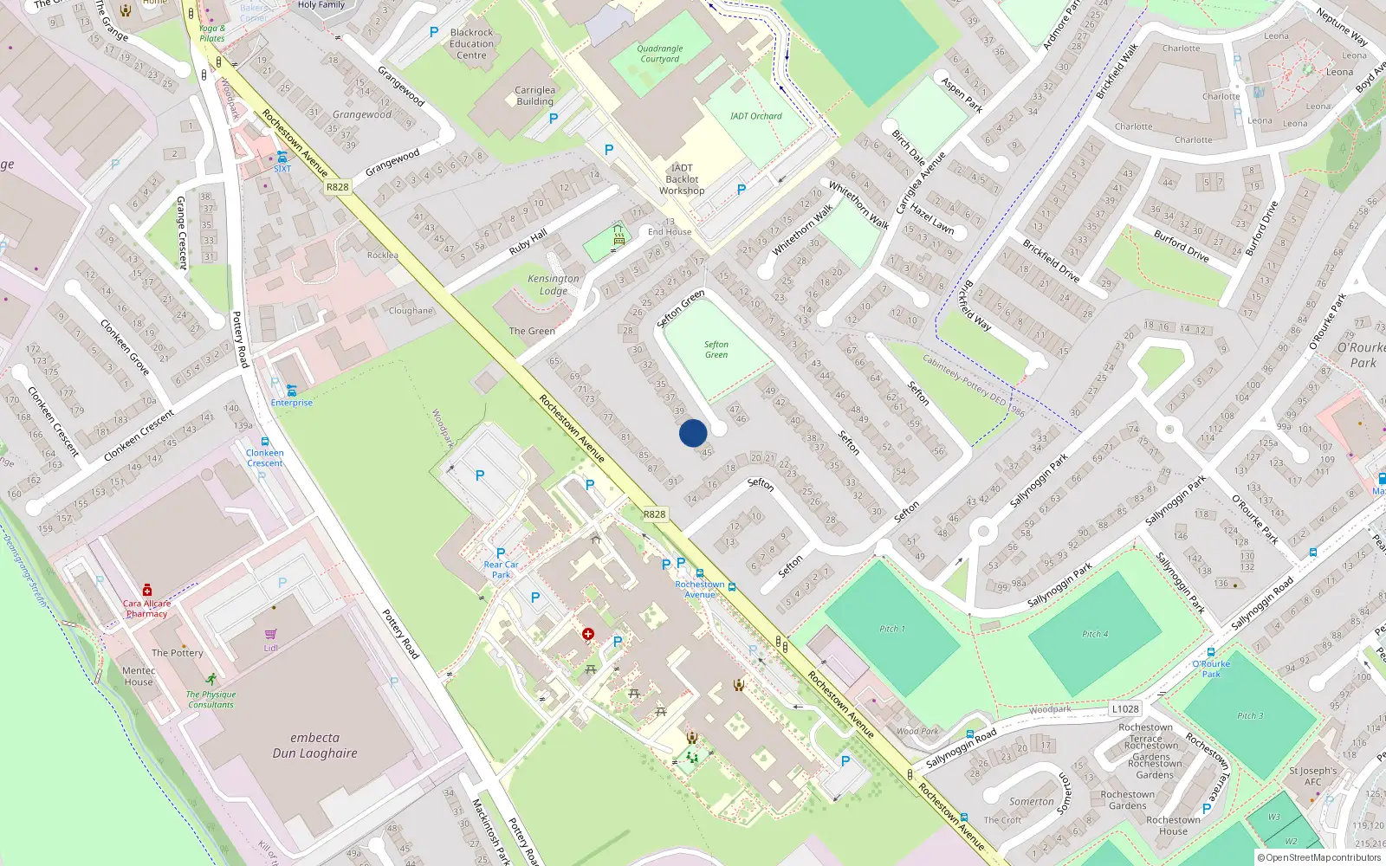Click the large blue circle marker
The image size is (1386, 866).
coord(693,433)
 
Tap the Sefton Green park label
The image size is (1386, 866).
coord(716,349)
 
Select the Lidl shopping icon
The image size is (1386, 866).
coord(271,635)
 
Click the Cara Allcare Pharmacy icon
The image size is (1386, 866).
coord(147,590)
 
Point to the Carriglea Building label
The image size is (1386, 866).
coord(534,95)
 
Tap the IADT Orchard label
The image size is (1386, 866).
coord(755,116)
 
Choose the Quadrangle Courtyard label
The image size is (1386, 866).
coord(660,54)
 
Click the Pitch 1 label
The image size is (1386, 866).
coord(892,629)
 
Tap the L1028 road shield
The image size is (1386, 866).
coord(1125,708)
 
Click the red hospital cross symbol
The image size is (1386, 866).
coord(588,635)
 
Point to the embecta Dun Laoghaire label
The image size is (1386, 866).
coord(314,745)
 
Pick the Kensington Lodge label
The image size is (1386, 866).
coord(554,284)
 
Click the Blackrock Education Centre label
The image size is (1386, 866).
coord(471,43)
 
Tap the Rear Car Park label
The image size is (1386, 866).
coord(501,569)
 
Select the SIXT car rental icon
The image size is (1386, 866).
coord(282,157)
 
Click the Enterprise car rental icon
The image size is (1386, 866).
coord(292,391)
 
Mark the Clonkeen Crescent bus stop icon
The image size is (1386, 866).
coord(265,442)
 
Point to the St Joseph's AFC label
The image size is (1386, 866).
coord(1312,776)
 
